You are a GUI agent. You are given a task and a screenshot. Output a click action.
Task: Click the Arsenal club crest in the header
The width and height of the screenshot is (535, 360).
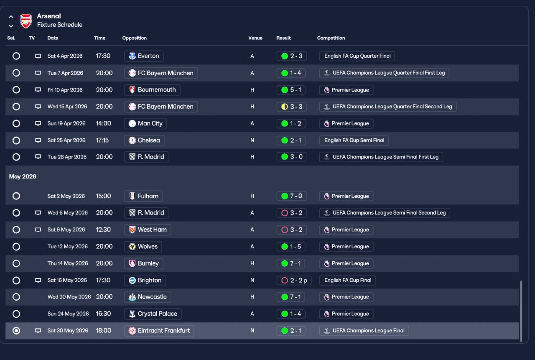tap(26, 21)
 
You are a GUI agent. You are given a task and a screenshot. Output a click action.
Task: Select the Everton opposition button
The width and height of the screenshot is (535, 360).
tap(144, 56)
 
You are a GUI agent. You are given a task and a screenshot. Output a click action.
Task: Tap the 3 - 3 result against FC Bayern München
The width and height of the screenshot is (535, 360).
tap(292, 107)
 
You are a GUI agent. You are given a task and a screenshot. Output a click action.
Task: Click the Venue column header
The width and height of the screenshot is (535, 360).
tap(255, 38)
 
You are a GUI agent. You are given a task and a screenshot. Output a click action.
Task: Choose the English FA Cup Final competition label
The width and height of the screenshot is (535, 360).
tap(347, 280)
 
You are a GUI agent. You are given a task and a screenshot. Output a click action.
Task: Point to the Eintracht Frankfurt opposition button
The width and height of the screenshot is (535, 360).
tap(159, 331)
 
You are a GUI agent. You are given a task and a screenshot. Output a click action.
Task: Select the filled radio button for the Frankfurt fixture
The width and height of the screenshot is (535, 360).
tap(16, 331)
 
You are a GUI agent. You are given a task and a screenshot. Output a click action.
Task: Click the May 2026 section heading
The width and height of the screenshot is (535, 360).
tap(23, 176)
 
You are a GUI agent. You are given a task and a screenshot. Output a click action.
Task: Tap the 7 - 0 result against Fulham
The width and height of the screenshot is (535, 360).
tap(292, 196)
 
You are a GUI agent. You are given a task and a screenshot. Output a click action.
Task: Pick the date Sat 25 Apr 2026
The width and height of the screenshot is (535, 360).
tap(66, 140)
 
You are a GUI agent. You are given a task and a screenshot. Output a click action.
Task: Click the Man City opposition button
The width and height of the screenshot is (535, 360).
tap(145, 123)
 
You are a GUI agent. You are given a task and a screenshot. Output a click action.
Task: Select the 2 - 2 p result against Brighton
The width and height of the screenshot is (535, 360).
tap(294, 280)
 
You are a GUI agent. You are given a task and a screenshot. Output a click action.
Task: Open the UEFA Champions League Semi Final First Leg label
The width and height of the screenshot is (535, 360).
tap(381, 157)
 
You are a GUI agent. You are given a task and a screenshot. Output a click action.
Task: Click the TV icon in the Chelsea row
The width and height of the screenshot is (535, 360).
tap(38, 140)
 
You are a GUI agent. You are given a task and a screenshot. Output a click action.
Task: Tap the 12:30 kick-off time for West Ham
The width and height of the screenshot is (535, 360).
tap(103, 230)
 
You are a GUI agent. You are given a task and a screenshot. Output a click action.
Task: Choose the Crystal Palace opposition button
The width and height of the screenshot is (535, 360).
tap(153, 314)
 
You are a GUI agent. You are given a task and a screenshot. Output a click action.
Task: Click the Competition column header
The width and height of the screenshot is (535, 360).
tap(331, 38)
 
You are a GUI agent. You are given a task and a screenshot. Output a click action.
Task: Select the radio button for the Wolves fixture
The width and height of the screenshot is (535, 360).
tap(16, 247)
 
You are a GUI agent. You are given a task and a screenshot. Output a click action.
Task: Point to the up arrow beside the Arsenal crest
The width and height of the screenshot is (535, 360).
tap(11, 17)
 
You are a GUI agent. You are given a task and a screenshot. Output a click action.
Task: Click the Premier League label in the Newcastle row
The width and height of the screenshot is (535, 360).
tap(346, 297)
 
